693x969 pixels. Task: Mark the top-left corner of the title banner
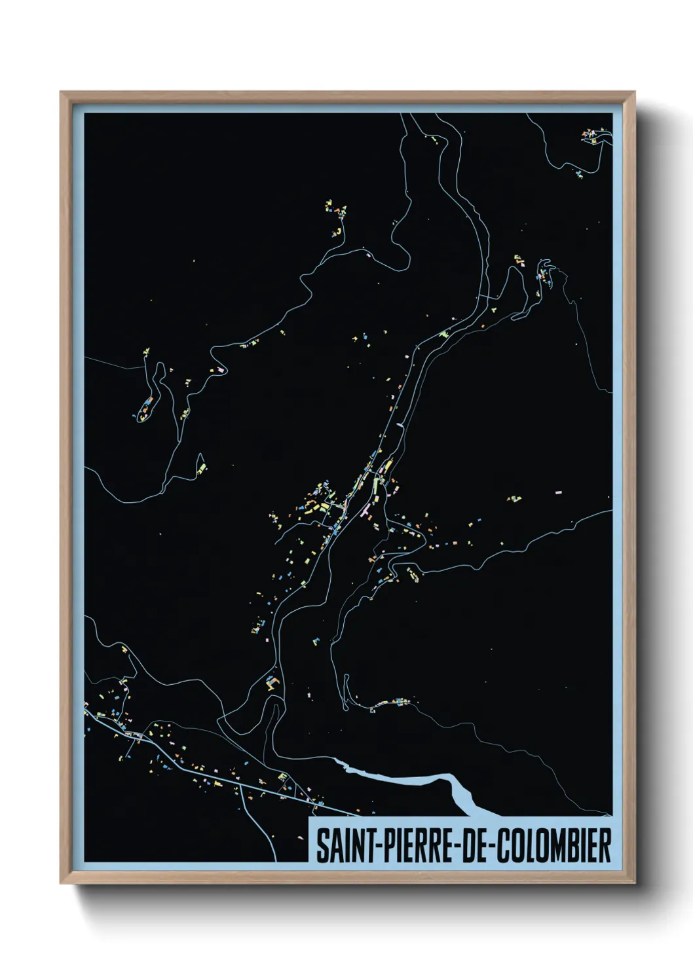(x=310, y=818)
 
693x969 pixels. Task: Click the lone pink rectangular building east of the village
(x=559, y=490)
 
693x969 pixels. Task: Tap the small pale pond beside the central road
(x=400, y=425)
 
